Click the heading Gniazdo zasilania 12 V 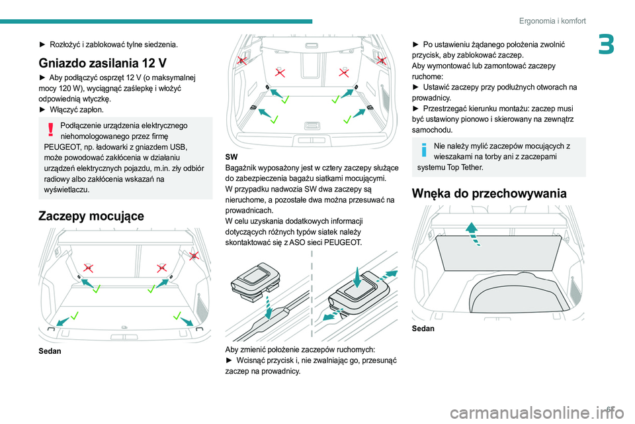(102, 64)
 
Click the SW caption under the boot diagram (232, 156)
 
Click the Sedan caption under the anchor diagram (50, 350)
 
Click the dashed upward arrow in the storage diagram (470, 233)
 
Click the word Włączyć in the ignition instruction (65, 109)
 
